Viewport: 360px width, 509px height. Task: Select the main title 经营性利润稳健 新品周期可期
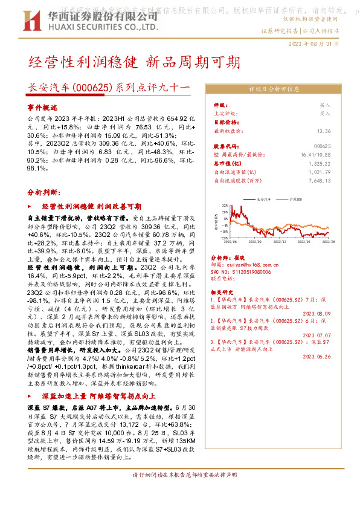click(x=134, y=63)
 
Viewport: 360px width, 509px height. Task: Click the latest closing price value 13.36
click(x=324, y=131)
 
